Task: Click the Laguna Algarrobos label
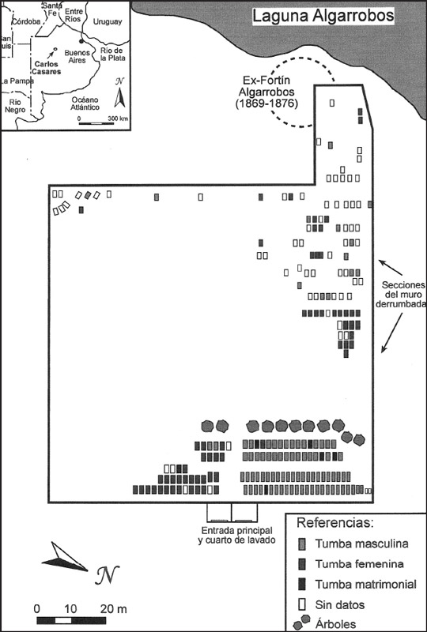pyautogui.click(x=323, y=17)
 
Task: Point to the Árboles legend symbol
pyautogui.click(x=303, y=623)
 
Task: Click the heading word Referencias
pyautogui.click(x=335, y=523)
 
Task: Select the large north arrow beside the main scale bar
pyautogui.click(x=65, y=559)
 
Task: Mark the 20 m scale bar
pyautogui.click(x=72, y=620)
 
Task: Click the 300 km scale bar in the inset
pyautogui.click(x=96, y=123)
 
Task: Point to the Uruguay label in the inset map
pyautogui.click(x=108, y=22)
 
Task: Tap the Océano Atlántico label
pyautogui.click(x=85, y=103)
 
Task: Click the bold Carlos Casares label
pyautogui.click(x=47, y=68)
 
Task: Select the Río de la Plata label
pyautogui.click(x=111, y=54)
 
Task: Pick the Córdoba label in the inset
pyautogui.click(x=27, y=22)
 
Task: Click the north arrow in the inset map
pyautogui.click(x=119, y=95)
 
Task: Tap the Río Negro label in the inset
pyautogui.click(x=17, y=105)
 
